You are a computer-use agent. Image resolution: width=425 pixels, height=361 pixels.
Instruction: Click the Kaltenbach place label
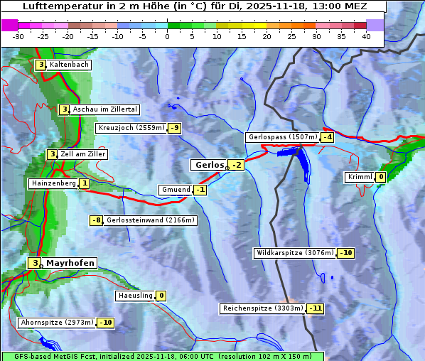pyautogui.click(x=69, y=65)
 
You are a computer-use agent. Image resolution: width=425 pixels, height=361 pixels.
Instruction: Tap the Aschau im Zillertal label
pyautogui.click(x=104, y=109)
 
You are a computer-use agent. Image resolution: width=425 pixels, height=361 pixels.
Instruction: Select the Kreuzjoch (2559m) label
pyautogui.click(x=131, y=128)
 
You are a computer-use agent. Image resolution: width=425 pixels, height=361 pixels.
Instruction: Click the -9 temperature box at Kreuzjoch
pyautogui.click(x=174, y=128)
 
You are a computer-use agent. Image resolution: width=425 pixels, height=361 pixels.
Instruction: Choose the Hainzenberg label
pyautogui.click(x=53, y=183)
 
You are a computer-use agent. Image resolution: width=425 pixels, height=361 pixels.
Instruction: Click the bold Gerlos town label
pyautogui.click(x=209, y=165)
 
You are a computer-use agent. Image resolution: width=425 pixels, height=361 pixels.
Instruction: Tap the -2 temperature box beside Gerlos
pyautogui.click(x=237, y=166)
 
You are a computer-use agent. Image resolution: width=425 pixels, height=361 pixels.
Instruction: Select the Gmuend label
pyautogui.click(x=176, y=190)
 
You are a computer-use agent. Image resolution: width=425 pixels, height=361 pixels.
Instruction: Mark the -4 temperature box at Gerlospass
pyautogui.click(x=327, y=137)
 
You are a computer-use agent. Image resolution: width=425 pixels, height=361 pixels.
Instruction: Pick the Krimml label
pyautogui.click(x=360, y=177)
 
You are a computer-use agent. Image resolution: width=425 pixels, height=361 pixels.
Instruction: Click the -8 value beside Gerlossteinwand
pyautogui.click(x=97, y=220)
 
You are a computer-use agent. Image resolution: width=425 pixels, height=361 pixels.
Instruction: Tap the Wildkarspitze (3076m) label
pyautogui.click(x=294, y=253)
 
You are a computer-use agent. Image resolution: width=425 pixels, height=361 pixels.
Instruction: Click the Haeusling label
pyautogui.click(x=134, y=296)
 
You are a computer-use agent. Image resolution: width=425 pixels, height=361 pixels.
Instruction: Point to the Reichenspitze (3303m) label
pyautogui.click(x=262, y=308)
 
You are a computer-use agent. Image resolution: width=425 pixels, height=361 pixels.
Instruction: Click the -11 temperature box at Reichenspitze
pyautogui.click(x=315, y=308)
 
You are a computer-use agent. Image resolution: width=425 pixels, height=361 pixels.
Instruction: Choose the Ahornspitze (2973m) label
pyautogui.click(x=57, y=323)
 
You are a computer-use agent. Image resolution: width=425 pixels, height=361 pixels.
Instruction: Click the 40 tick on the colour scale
pyautogui.click(x=366, y=36)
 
